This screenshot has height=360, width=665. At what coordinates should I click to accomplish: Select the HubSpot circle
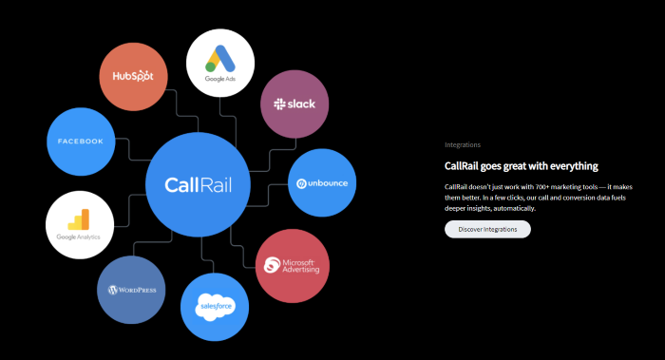(x=133, y=75)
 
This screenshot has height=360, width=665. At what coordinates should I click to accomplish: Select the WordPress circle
(x=132, y=290)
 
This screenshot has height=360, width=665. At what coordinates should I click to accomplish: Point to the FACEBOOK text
(x=80, y=142)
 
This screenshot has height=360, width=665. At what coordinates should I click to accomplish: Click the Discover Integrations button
(x=487, y=229)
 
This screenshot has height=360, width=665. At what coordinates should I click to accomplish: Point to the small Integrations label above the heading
(x=462, y=145)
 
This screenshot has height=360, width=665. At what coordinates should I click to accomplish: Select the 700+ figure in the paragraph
(x=518, y=186)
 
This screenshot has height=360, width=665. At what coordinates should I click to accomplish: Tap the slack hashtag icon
(x=278, y=103)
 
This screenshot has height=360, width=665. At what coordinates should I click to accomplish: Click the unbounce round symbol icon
(x=301, y=183)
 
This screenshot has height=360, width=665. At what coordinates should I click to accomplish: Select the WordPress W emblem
(x=112, y=290)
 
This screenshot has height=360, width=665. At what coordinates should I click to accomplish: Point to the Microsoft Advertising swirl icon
(x=274, y=265)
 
